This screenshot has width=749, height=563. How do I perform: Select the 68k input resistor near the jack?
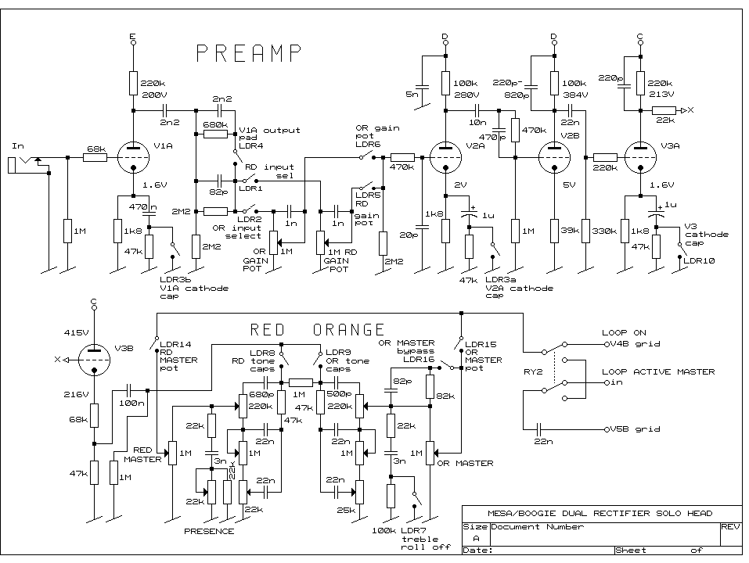[x=95, y=158]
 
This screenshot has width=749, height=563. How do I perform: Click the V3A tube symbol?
[x=640, y=157]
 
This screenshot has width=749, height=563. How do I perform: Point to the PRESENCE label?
[x=208, y=531]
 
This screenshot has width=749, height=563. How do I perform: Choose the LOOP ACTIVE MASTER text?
[x=657, y=371]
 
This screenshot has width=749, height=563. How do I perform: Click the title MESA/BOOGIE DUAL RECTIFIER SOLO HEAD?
[x=600, y=513]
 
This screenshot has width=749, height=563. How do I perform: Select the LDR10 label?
[x=699, y=260]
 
